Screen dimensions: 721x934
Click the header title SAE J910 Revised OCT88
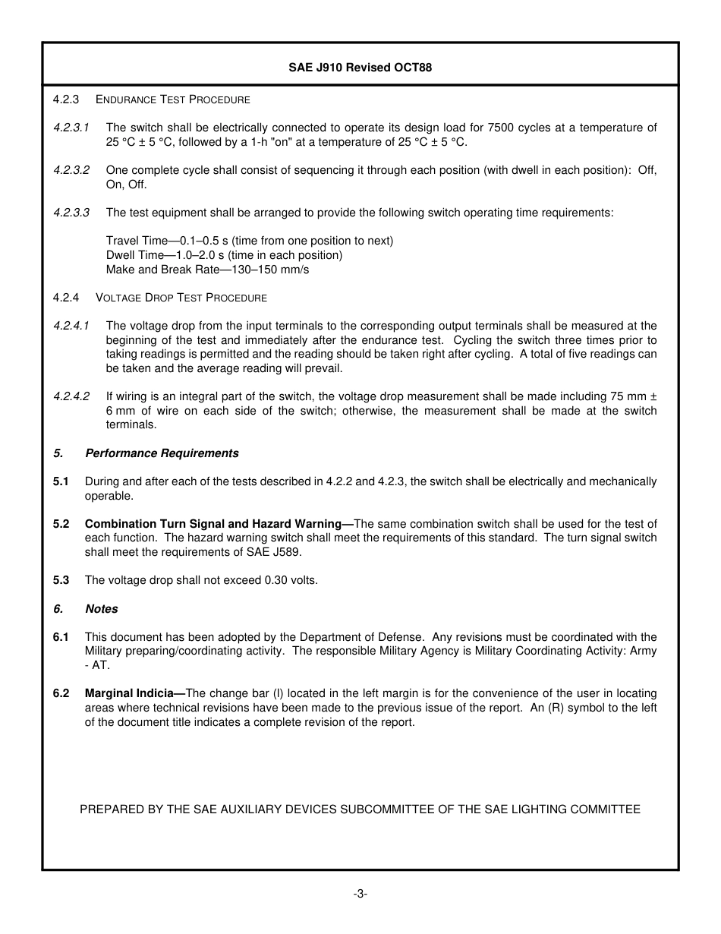360,68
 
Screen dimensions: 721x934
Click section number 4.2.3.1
71,128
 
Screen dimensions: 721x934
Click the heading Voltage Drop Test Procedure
181,298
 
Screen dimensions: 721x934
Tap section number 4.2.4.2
71,396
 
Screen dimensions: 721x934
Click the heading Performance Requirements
162,453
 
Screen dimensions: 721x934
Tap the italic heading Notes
102,609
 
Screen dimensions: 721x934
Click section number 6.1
61,637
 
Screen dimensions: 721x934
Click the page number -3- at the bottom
360,895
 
